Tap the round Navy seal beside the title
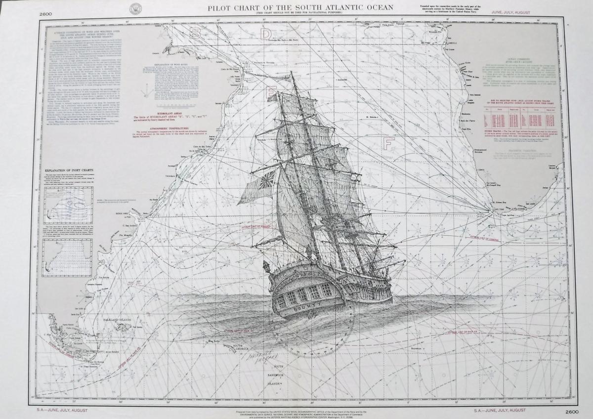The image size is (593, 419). tap(134, 8)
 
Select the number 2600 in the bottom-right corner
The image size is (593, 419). tap(557, 411)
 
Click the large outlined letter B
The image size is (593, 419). tap(196, 33)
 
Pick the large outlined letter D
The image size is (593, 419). tap(266, 33)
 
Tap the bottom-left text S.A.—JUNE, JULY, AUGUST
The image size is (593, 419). tap(61, 410)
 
